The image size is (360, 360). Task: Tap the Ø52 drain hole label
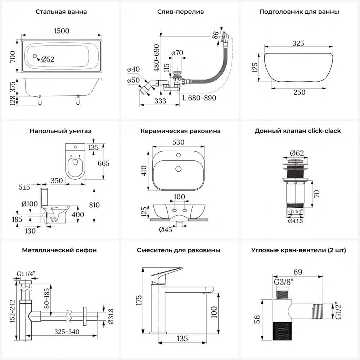click(x=48, y=59)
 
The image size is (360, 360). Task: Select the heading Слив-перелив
click(x=180, y=12)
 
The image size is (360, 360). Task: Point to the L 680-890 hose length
click(x=199, y=98)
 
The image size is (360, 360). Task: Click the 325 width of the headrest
click(x=298, y=43)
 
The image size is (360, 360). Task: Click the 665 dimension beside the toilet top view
click(x=103, y=163)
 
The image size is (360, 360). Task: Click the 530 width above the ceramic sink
click(x=179, y=142)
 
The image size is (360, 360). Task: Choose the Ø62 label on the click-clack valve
click(x=297, y=153)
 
